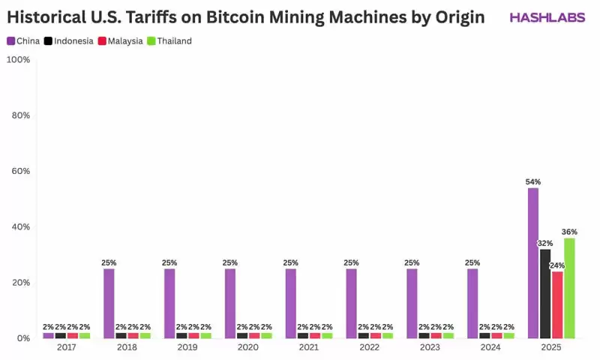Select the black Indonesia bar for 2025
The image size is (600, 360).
[545, 293]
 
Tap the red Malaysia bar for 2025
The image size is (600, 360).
[557, 304]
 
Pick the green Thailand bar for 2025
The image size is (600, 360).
[569, 288]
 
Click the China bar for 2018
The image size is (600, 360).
[109, 303]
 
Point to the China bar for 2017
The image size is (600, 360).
[48, 335]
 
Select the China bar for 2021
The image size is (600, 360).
[291, 303]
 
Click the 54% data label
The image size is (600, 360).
[533, 181]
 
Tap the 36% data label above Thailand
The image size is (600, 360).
[569, 232]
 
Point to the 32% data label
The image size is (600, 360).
[545, 243]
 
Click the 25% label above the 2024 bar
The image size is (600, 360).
[472, 262]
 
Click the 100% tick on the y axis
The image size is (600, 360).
[18, 59]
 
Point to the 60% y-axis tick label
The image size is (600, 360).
[20, 171]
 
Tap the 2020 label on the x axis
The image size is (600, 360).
[247, 348]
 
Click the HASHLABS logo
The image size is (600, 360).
[547, 17]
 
